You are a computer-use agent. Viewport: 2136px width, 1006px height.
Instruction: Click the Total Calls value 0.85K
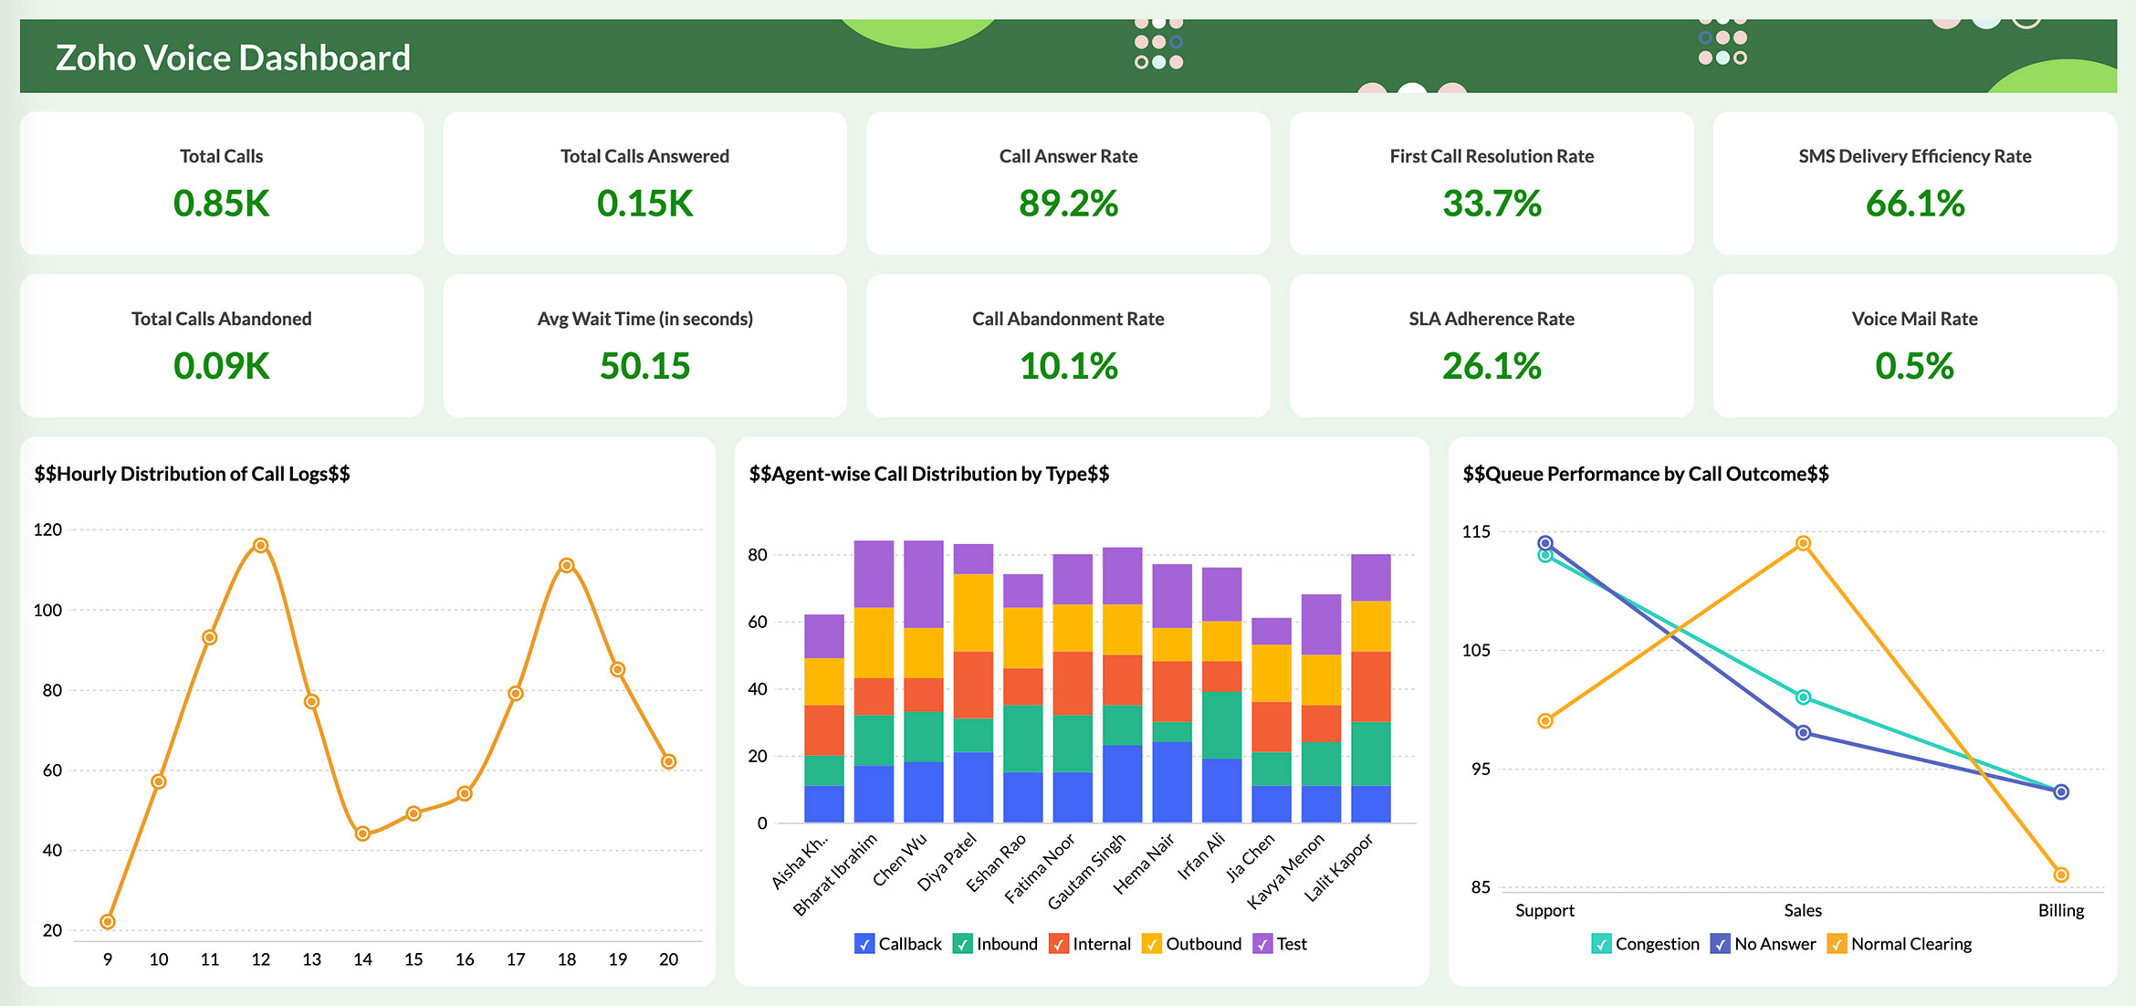pos(222,203)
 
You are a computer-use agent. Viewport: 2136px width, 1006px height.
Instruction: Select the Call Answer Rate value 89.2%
pos(1068,203)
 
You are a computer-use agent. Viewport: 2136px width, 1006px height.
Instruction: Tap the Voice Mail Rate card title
pos(1914,319)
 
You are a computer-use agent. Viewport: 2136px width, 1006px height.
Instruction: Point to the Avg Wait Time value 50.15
pos(644,366)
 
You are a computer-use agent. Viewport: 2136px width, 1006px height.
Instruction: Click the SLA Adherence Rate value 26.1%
pos(1491,366)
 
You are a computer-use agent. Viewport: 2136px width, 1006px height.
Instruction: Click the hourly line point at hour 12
pos(260,545)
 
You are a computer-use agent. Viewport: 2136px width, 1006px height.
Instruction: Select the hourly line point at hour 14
pos(362,833)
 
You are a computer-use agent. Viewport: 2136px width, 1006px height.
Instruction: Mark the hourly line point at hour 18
pos(566,565)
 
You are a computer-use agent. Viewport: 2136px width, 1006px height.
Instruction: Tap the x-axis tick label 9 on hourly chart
pos(108,959)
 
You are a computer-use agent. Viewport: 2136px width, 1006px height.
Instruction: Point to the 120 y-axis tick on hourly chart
pos(47,529)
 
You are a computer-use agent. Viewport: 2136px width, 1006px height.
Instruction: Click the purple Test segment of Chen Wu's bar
pos(923,583)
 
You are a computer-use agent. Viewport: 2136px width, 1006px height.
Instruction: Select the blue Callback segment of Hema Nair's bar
pos(1171,781)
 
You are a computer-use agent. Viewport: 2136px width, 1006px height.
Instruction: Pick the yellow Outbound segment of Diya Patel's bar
pos(973,612)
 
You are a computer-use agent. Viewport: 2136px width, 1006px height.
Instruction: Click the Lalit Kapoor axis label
pos(1338,868)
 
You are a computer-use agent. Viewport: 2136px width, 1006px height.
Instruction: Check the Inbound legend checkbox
pos(962,944)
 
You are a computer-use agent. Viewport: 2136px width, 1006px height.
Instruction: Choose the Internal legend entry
pos(1090,944)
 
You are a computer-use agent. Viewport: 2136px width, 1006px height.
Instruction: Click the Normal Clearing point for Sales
pos(1803,543)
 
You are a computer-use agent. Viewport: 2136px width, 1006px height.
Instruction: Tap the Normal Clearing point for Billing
pos(2061,875)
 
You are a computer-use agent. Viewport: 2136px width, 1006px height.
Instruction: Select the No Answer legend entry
pos(1763,944)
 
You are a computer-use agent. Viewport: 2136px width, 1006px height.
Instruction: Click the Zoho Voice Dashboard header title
pos(233,58)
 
